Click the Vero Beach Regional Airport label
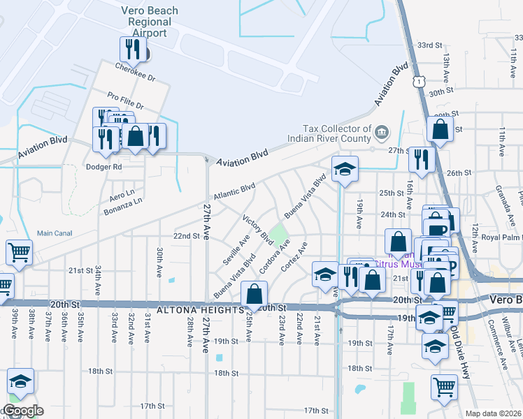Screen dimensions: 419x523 tap(150, 22)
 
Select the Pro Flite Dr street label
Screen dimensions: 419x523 tap(125, 101)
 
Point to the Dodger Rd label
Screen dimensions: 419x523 tap(103, 167)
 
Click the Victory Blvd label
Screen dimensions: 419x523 tap(257, 230)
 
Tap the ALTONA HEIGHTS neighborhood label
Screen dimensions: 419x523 tap(196, 309)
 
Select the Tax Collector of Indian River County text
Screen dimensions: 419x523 tap(337, 133)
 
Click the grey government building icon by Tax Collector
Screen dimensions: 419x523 tap(382, 131)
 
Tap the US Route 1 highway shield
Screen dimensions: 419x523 tap(417, 82)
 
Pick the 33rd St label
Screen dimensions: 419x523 tap(431, 44)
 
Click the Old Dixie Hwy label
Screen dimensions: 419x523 tap(464, 342)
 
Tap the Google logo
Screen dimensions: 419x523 tap(22, 411)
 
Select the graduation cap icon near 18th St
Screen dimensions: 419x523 tap(21, 382)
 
